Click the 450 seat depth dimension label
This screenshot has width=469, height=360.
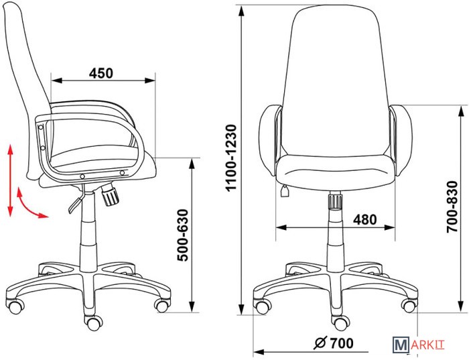(101, 73)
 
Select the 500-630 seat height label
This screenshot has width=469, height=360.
(183, 235)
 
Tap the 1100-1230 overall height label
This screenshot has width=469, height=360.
(231, 158)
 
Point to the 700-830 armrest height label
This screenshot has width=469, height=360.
(452, 206)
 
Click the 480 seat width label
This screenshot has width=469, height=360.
(365, 220)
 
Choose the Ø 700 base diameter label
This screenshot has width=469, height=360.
(334, 343)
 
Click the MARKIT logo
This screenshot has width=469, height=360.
(419, 345)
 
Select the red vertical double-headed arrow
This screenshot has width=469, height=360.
(11, 180)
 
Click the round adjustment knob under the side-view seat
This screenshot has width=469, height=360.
(110, 195)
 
